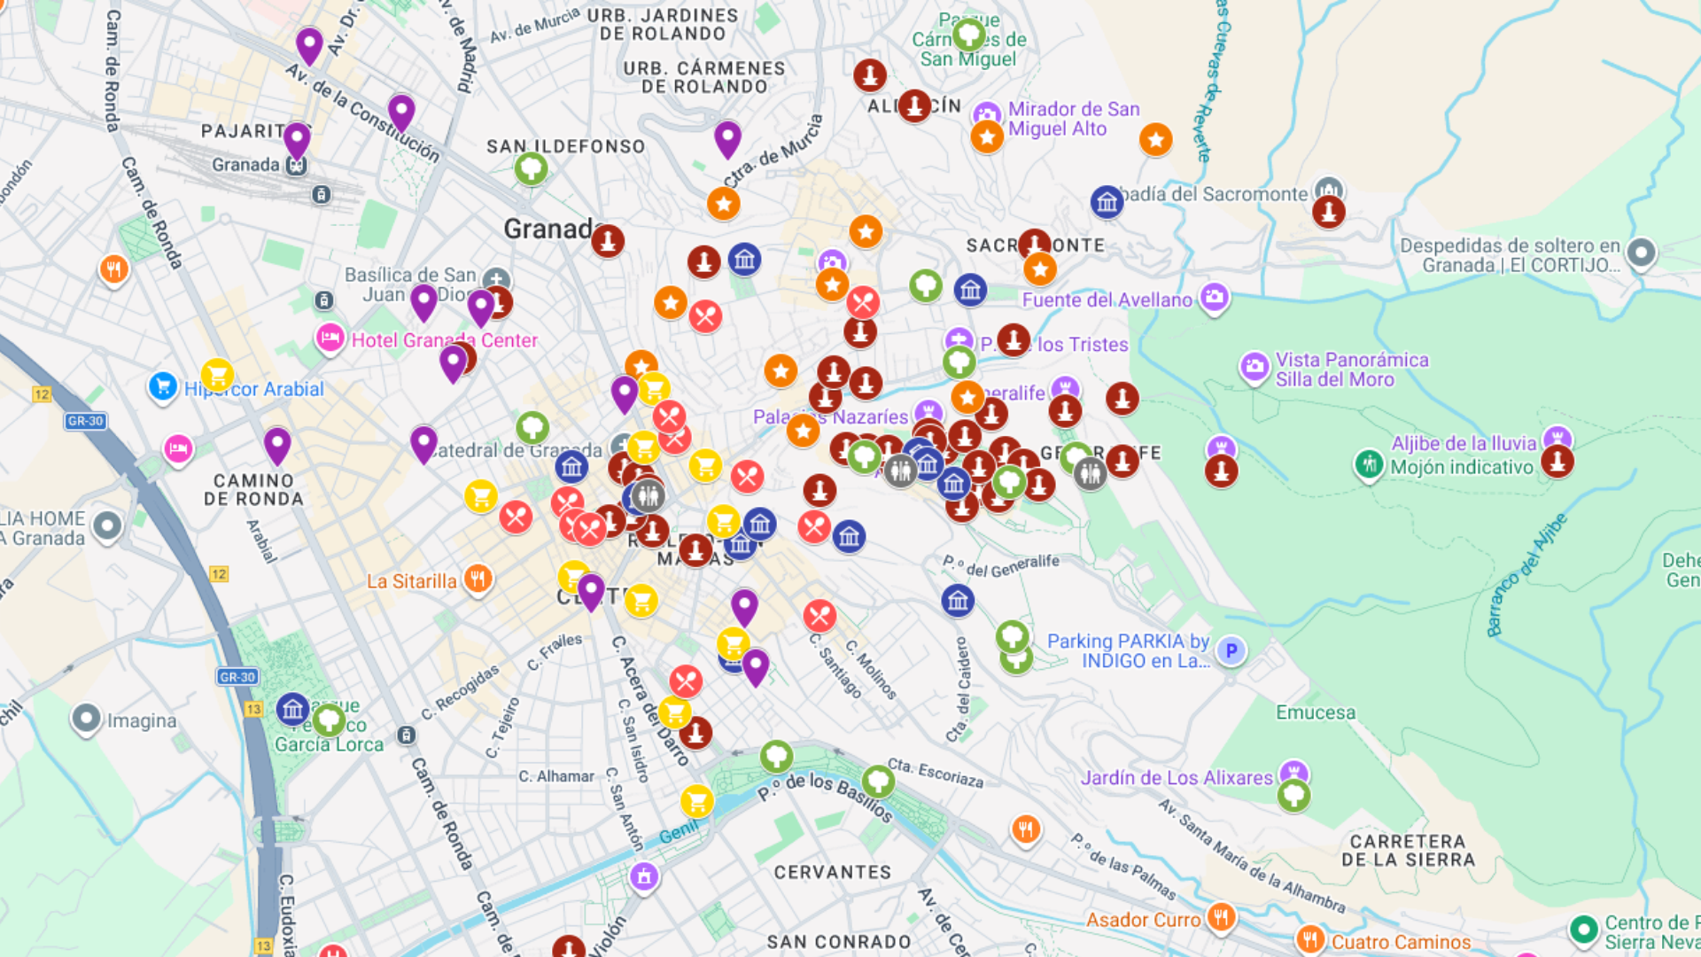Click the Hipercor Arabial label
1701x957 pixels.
(x=254, y=389)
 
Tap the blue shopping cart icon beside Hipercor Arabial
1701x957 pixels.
(x=162, y=386)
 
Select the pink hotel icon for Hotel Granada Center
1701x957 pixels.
(x=330, y=338)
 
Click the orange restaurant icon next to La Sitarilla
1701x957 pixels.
(x=478, y=580)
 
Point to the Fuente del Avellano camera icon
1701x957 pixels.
(x=1214, y=297)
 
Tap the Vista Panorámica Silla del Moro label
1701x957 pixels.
(x=1352, y=370)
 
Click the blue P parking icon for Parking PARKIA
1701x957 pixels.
(x=1231, y=651)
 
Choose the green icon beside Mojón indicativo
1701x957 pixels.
(x=1369, y=463)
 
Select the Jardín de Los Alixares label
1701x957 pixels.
(x=1176, y=778)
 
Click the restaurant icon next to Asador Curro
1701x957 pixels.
(x=1221, y=917)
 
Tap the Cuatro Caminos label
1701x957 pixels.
(x=1401, y=942)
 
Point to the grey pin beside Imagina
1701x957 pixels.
(x=86, y=719)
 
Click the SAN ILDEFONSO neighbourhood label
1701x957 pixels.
(x=565, y=147)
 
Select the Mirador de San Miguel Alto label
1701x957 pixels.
(x=1074, y=119)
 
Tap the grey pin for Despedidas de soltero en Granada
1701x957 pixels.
(x=1641, y=253)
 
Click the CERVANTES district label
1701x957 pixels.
(x=833, y=872)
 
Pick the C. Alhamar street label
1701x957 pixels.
(x=556, y=776)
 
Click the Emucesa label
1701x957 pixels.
(x=1316, y=712)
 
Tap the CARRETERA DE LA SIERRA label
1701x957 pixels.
(x=1408, y=850)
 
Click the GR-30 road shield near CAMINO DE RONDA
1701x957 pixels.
(x=86, y=421)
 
